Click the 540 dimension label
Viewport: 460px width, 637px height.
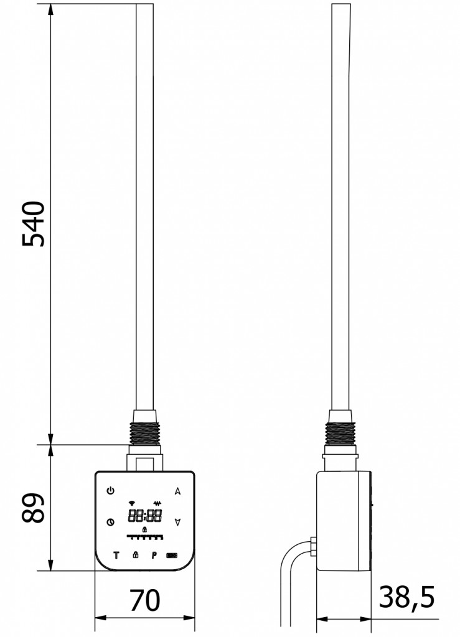coord(33,224)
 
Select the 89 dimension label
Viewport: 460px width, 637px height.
coord(33,508)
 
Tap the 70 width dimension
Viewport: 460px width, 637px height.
coord(145,600)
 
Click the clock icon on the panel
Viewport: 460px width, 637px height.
coord(111,523)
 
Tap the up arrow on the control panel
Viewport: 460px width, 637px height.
coord(177,491)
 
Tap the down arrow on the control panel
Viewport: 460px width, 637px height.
coord(177,522)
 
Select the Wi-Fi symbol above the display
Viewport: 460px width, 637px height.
coord(131,503)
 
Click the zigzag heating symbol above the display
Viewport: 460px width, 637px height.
coord(157,503)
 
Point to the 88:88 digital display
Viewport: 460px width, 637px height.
coord(145,516)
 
